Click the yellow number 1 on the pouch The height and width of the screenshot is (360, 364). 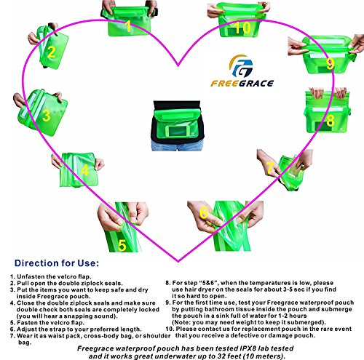(x=128, y=26)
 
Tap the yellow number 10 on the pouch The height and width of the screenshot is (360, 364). (x=242, y=28)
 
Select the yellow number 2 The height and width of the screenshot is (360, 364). (x=52, y=52)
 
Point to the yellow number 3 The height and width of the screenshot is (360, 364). (x=47, y=116)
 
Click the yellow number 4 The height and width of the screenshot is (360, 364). (x=84, y=170)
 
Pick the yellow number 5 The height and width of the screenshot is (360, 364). (x=122, y=245)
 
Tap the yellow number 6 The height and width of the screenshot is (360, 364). (x=204, y=213)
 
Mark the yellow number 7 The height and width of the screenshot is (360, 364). (x=270, y=168)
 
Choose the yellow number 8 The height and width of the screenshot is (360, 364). (x=331, y=121)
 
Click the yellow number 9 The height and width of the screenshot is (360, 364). (x=330, y=64)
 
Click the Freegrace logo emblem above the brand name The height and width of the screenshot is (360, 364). (x=241, y=66)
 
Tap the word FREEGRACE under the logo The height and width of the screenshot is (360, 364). (x=242, y=84)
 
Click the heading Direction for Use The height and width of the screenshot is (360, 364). (x=57, y=263)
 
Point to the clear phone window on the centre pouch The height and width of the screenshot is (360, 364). (x=177, y=132)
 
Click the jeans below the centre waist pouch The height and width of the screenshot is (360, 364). (x=177, y=145)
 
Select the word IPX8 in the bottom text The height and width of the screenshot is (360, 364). (x=248, y=348)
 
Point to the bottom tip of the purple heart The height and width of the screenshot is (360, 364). (x=178, y=261)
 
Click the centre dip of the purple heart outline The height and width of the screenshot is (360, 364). (x=178, y=65)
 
